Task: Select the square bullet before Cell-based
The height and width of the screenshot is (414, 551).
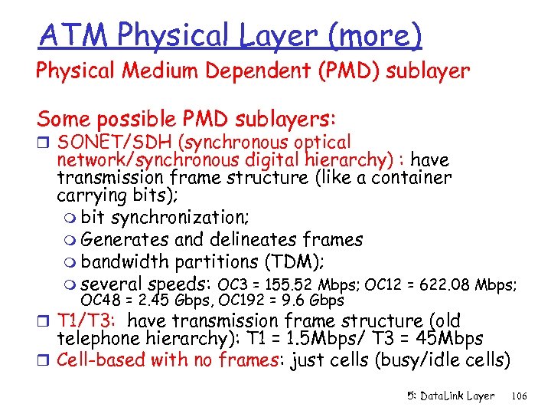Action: tap(44, 358)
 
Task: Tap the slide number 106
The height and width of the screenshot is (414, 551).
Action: tap(519, 396)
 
